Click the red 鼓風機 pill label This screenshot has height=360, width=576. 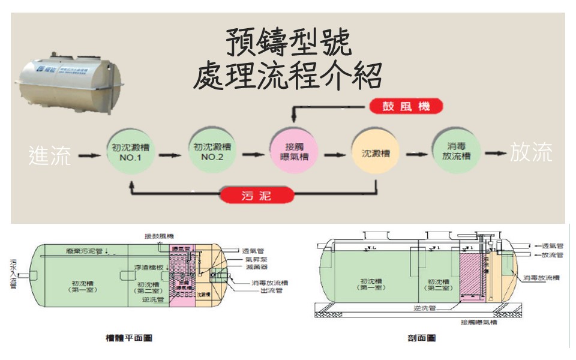[406, 107]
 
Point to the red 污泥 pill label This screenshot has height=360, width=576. [257, 195]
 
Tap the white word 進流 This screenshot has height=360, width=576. [50, 155]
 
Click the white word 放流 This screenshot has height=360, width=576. [531, 154]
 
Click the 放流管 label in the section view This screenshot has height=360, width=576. [551, 254]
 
